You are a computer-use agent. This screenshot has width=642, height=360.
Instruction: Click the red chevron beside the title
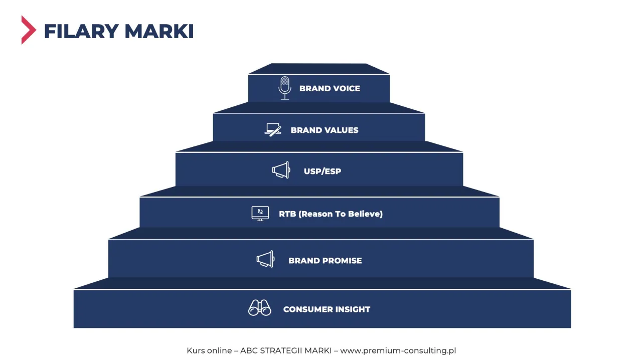coord(29,30)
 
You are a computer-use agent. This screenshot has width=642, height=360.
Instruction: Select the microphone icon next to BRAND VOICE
coord(285,88)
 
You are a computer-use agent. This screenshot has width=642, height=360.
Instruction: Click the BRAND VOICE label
coord(330,88)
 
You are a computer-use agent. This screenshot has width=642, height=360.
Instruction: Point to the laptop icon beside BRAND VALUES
coord(273,130)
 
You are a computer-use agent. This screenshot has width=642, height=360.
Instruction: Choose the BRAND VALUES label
coord(325,130)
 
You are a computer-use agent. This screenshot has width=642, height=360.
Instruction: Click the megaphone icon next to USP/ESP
coord(281,170)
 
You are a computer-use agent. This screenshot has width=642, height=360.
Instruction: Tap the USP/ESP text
coord(323,171)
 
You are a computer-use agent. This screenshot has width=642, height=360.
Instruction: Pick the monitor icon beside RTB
coord(260,214)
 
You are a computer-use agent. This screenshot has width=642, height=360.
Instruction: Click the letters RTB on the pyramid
coord(287,214)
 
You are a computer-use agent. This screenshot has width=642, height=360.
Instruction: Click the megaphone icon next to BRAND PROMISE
coord(266,259)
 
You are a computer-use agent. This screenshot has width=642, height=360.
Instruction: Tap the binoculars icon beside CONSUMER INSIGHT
coord(260,308)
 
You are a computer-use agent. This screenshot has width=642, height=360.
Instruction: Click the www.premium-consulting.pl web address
coord(398,350)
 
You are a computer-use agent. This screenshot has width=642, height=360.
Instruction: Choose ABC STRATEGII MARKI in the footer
coord(286,350)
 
